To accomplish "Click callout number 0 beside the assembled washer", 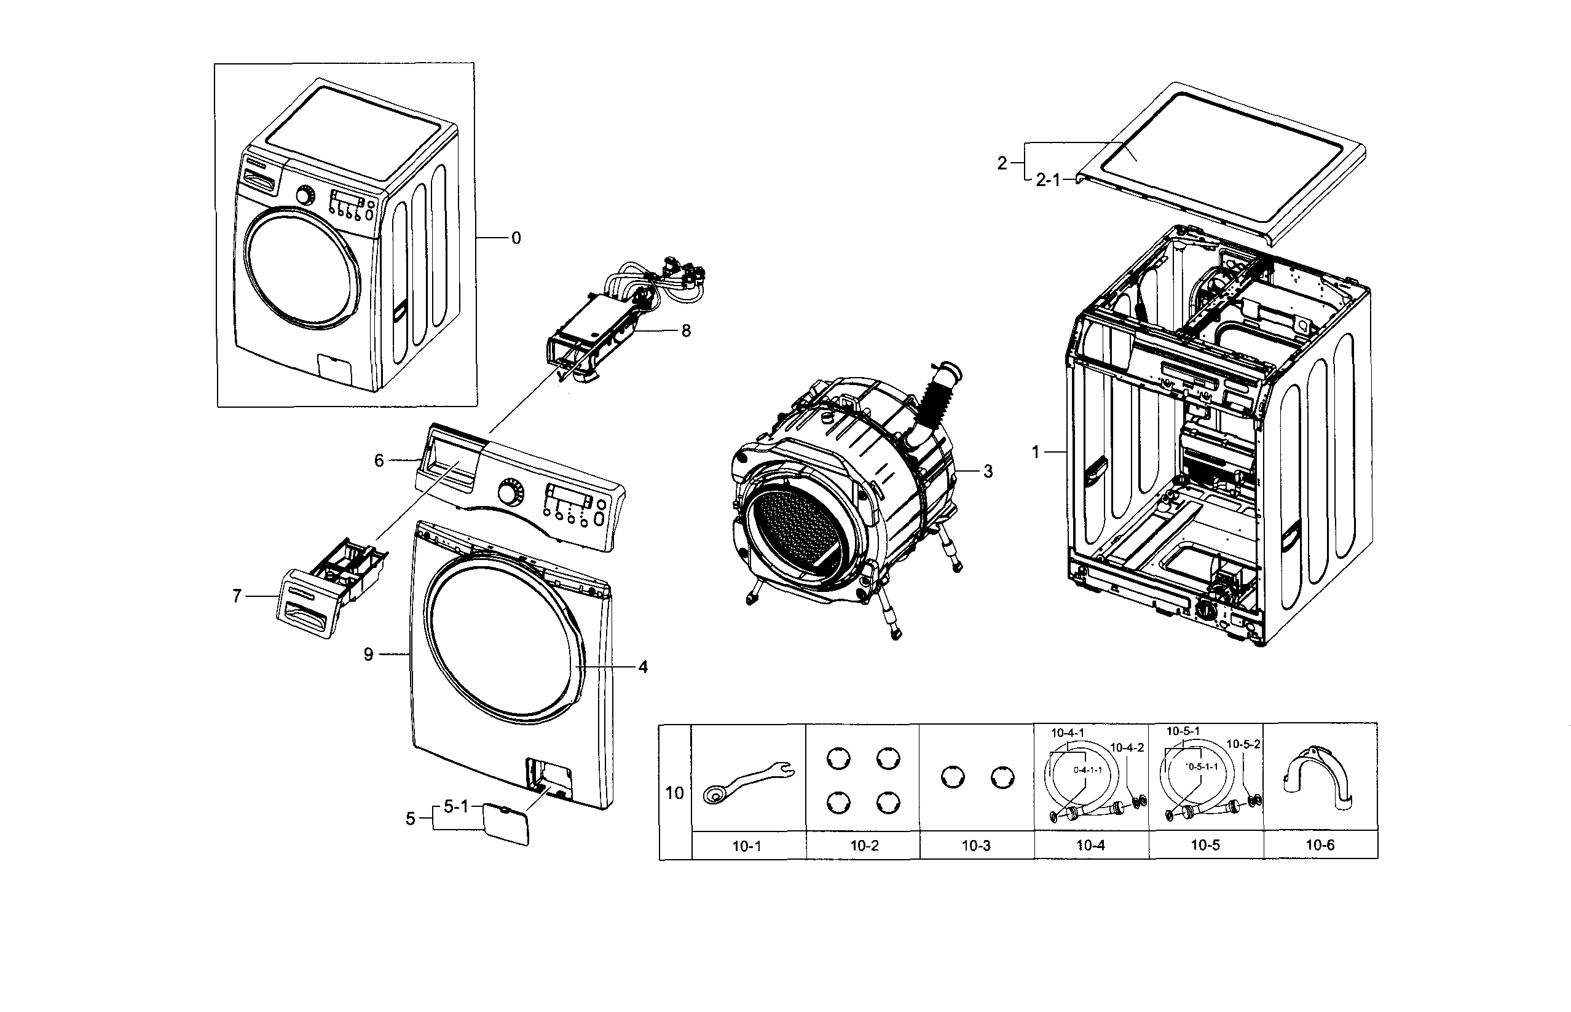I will click(516, 238).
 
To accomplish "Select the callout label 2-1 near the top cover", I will click(1048, 180).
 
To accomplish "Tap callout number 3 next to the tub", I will click(988, 471).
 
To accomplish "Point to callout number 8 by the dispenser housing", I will click(686, 330).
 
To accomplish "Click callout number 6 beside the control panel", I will click(379, 461).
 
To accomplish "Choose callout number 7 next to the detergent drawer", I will click(237, 596).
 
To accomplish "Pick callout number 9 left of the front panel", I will click(368, 655).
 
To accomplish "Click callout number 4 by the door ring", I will click(642, 667).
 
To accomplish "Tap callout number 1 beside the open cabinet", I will click(1035, 452).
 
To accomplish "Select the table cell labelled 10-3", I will click(976, 846).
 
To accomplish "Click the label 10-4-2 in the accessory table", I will click(1127, 747).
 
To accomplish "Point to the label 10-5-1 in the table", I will click(1183, 731).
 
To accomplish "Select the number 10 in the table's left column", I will click(675, 793).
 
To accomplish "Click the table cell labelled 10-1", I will click(747, 846).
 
